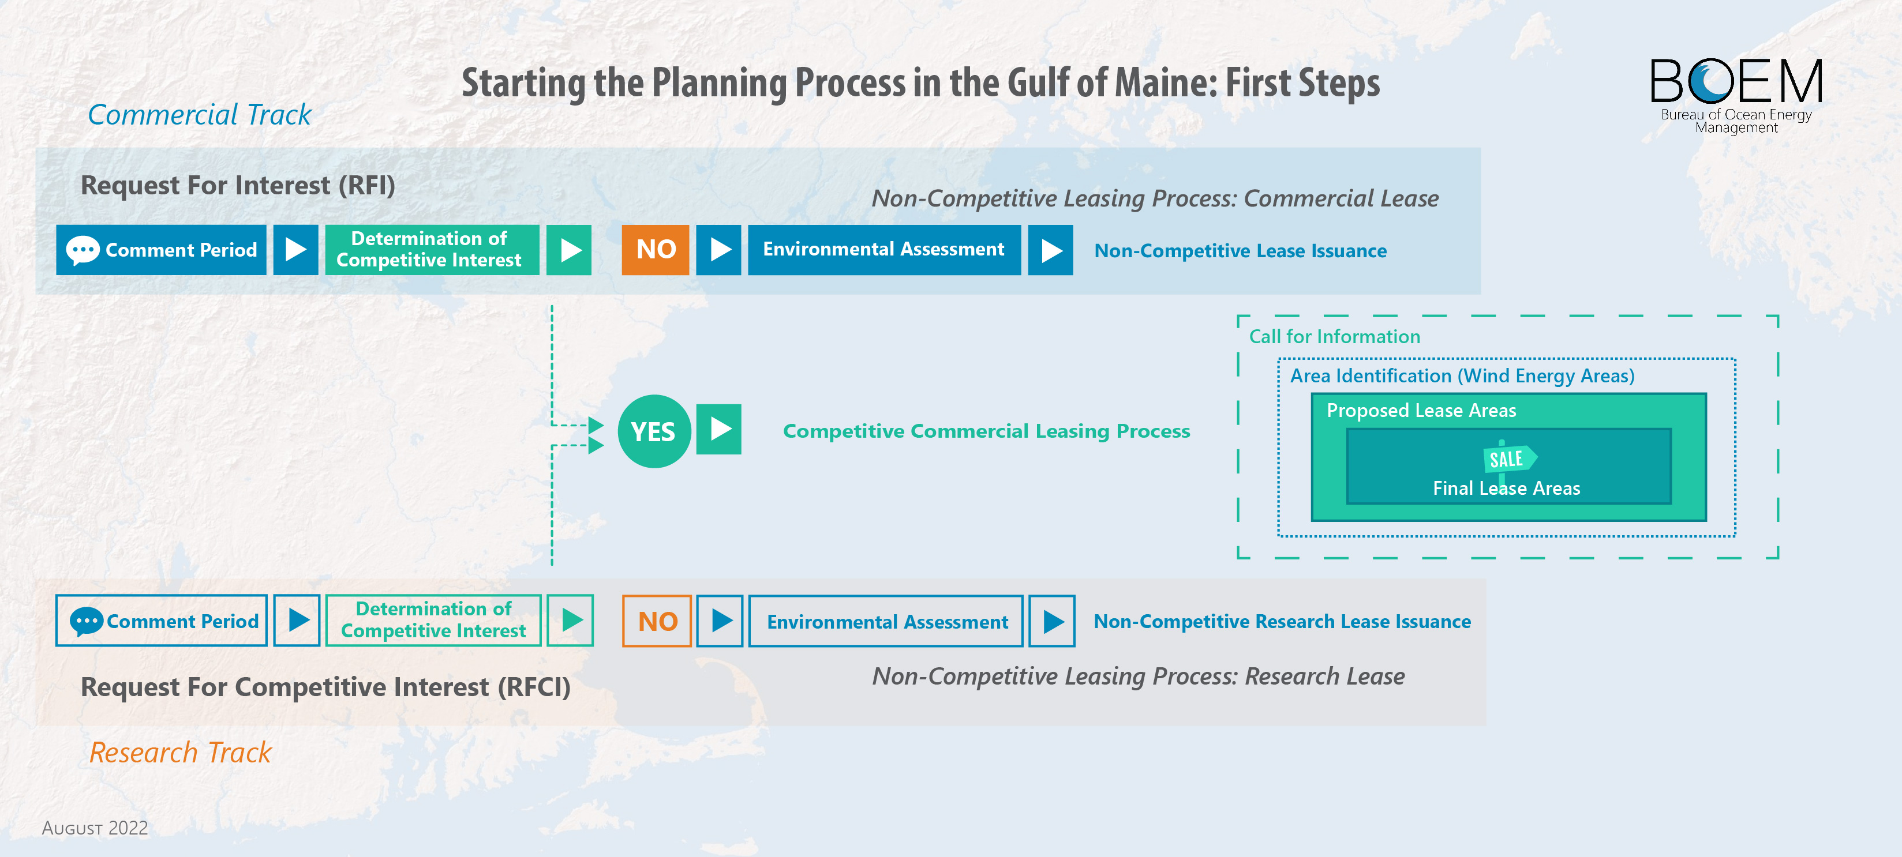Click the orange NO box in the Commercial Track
point(655,250)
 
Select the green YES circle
point(653,431)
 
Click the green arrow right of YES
point(718,429)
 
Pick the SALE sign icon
point(1508,460)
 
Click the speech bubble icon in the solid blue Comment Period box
point(83,250)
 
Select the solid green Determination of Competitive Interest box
point(432,250)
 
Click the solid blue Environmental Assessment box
point(884,250)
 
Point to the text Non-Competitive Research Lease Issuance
point(1282,622)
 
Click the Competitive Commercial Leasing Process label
point(986,431)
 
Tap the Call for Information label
point(1334,337)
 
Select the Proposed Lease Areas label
point(1421,411)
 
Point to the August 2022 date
point(95,828)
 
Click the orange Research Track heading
point(180,752)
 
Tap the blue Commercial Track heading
point(199,114)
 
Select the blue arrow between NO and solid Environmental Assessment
point(718,250)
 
